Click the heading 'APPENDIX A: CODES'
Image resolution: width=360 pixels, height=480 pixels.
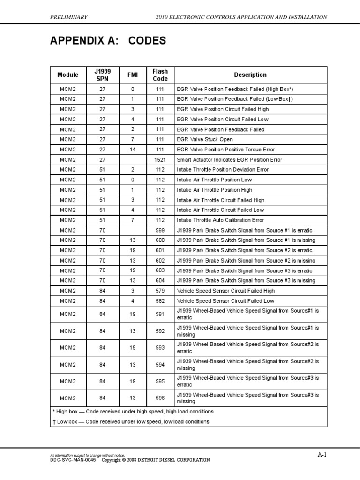(108, 41)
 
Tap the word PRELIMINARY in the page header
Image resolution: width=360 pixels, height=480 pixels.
(68, 17)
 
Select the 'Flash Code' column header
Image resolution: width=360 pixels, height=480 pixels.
(160, 75)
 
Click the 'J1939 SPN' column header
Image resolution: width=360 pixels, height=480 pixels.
(102, 75)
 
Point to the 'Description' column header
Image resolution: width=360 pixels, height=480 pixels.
(250, 75)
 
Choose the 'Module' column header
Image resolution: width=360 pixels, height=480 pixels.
(68, 75)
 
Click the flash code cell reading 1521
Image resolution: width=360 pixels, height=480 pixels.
(160, 160)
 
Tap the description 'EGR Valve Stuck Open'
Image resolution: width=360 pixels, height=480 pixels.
(204, 140)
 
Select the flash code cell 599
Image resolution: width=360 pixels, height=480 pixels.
(160, 231)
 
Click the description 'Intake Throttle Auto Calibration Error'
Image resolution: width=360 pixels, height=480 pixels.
(220, 220)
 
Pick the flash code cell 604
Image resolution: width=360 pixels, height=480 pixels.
(160, 281)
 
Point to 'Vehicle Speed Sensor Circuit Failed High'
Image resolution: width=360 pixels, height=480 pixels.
(226, 291)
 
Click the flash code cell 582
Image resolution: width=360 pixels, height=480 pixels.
(160, 301)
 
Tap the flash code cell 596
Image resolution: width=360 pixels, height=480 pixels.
(160, 398)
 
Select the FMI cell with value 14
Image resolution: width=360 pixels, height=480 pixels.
(132, 150)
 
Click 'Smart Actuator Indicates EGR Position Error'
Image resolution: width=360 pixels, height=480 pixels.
(229, 160)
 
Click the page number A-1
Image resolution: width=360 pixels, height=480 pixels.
(322, 455)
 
